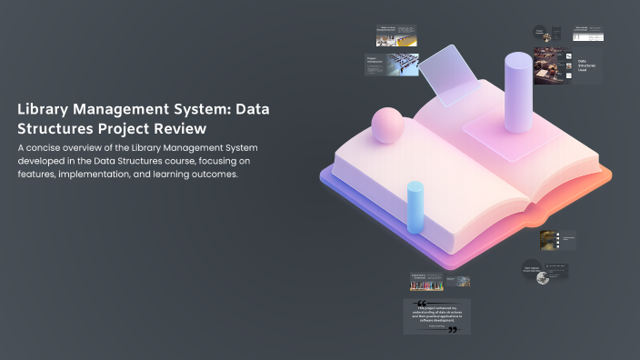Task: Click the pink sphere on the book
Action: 388,125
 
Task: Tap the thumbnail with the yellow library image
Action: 396,35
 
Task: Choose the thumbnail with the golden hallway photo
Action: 549,239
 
